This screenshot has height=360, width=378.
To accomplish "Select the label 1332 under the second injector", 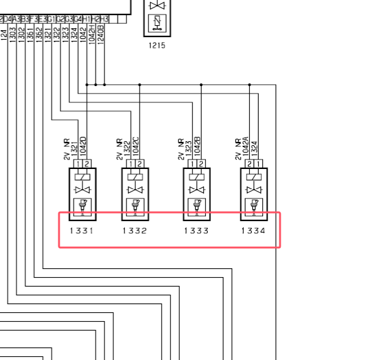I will (x=134, y=231).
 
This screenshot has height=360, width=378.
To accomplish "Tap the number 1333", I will (x=197, y=231).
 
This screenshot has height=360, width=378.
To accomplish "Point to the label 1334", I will (x=254, y=231).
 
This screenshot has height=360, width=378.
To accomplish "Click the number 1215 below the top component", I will (x=157, y=45).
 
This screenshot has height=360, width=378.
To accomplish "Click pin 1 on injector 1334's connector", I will (x=257, y=164).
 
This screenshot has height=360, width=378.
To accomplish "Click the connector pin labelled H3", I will (x=104, y=19).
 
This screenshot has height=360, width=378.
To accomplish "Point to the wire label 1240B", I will (x=102, y=35).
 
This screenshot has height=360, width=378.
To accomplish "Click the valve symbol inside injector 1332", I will (x=134, y=190).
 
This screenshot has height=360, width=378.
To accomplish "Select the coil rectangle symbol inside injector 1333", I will (x=197, y=178).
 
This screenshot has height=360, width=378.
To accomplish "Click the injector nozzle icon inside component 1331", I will (x=81, y=205).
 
